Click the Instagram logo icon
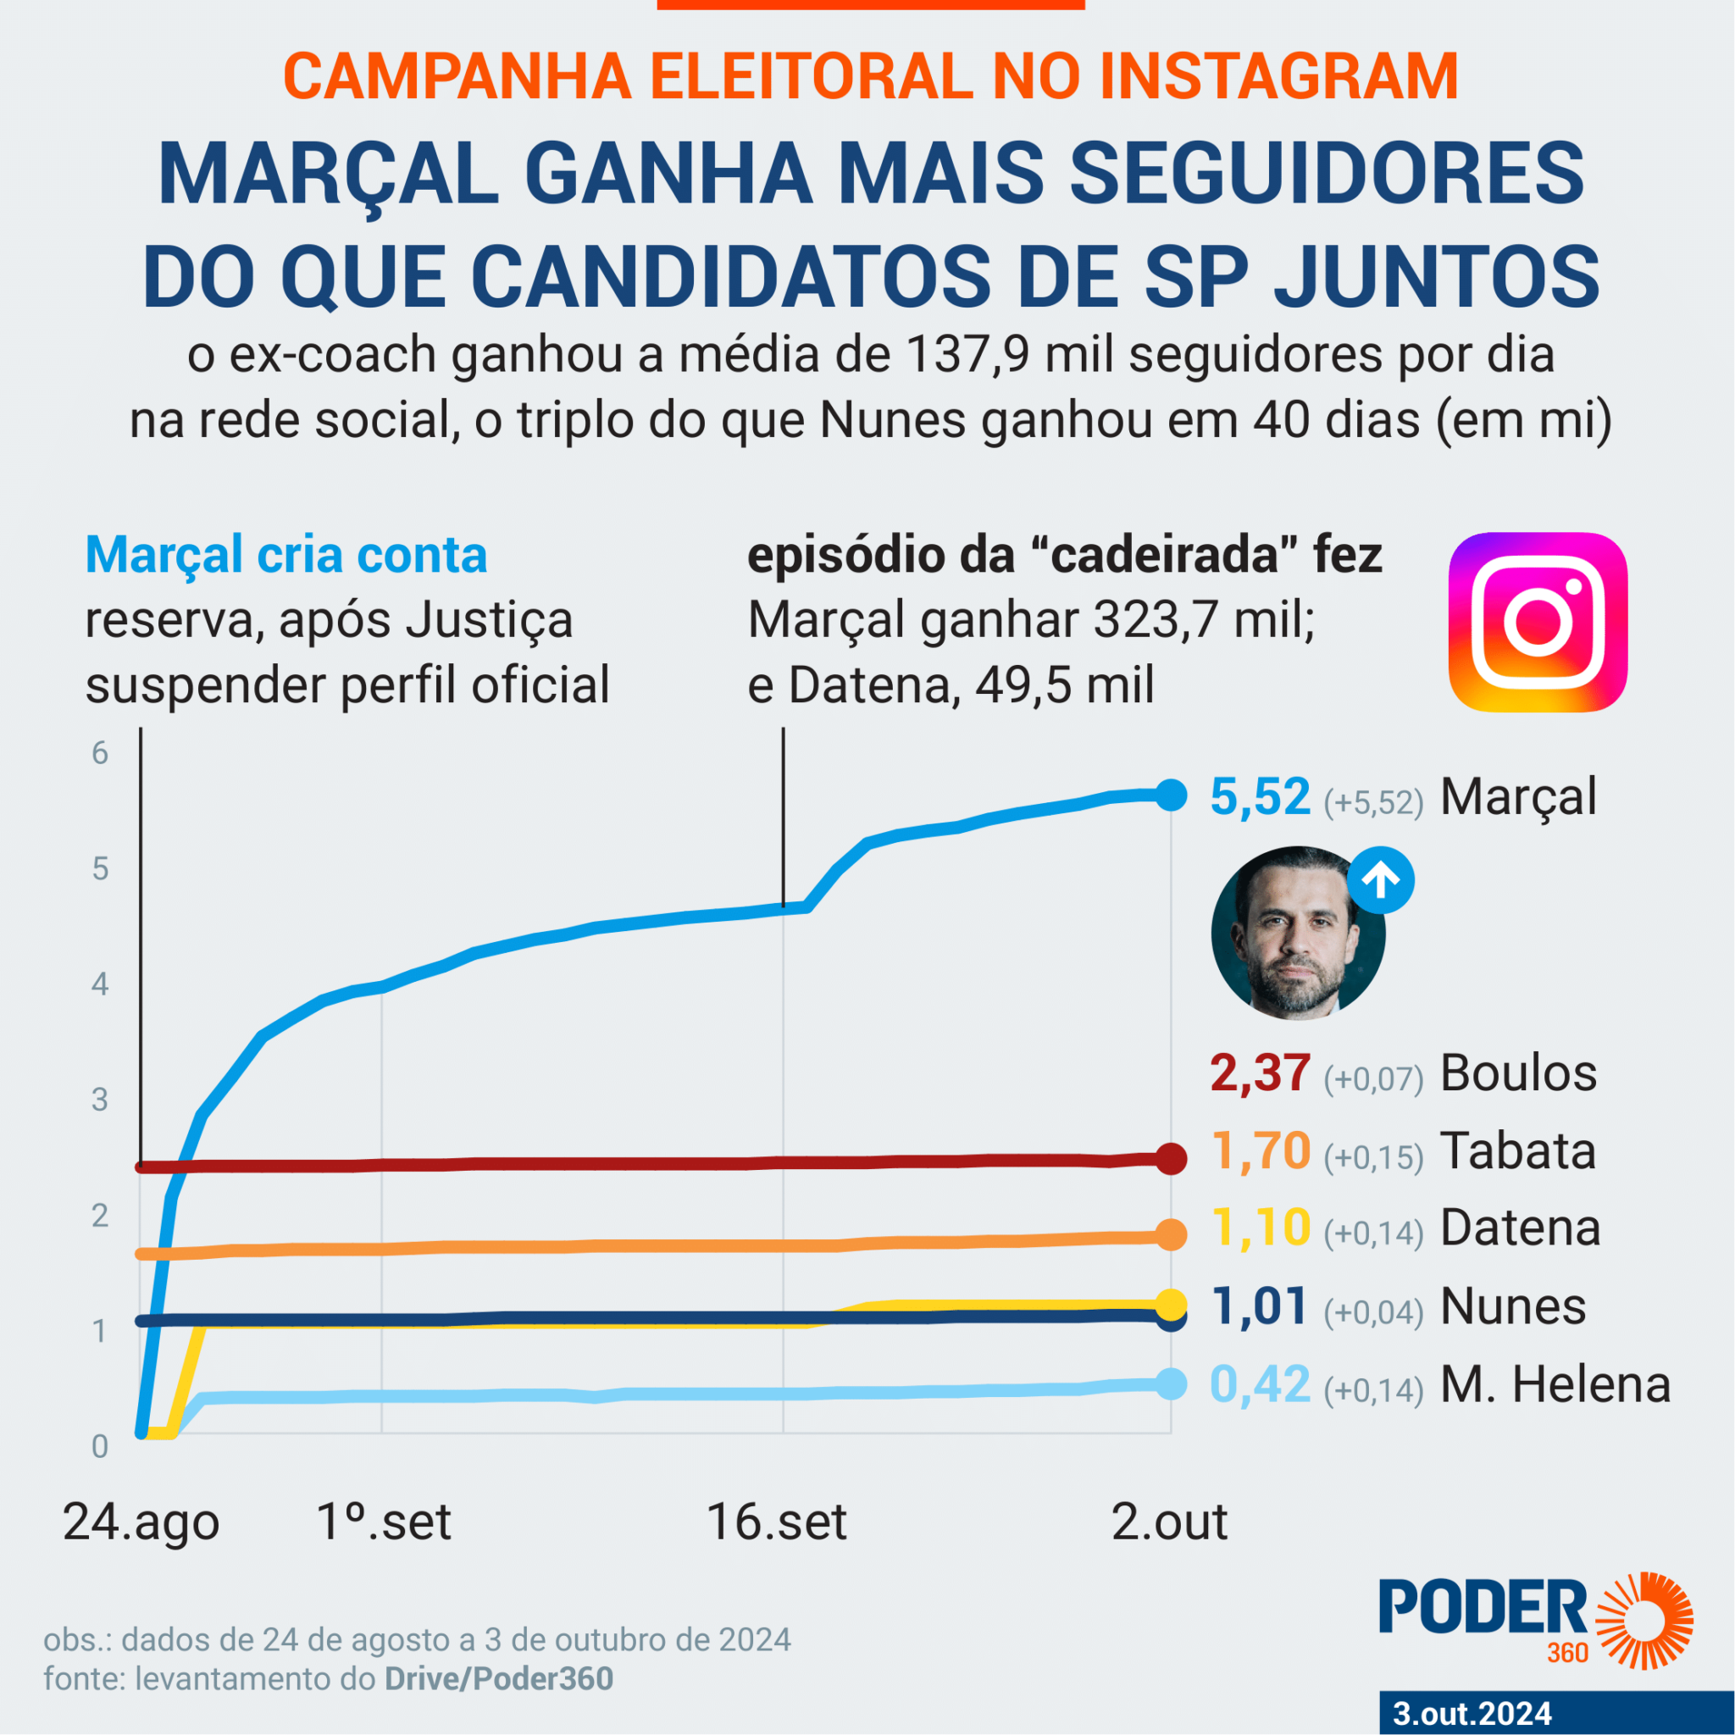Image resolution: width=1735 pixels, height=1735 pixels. pyautogui.click(x=1538, y=622)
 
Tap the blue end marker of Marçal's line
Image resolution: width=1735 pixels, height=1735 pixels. pyautogui.click(x=1170, y=794)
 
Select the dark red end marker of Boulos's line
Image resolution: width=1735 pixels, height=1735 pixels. pyautogui.click(x=1170, y=1158)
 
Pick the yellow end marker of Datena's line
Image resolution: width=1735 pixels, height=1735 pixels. pyautogui.click(x=1170, y=1303)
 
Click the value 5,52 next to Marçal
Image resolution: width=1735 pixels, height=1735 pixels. pyautogui.click(x=1260, y=796)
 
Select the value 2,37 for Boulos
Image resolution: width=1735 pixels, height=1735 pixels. pyautogui.click(x=1259, y=1073)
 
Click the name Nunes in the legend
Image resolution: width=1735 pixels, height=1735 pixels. pyautogui.click(x=1513, y=1306)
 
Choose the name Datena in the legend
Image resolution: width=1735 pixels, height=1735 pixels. pyautogui.click(x=1521, y=1228)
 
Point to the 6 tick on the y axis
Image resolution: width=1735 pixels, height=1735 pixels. pyautogui.click(x=100, y=753)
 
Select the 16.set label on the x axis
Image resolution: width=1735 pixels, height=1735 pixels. pyautogui.click(x=777, y=1522)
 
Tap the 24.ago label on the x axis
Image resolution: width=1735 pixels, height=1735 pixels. pyautogui.click(x=141, y=1523)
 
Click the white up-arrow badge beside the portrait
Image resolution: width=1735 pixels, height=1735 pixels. pyautogui.click(x=1380, y=880)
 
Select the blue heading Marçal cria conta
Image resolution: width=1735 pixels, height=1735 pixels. pyautogui.click(x=285, y=555)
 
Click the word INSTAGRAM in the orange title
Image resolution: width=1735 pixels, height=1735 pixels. pyautogui.click(x=1278, y=77)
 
